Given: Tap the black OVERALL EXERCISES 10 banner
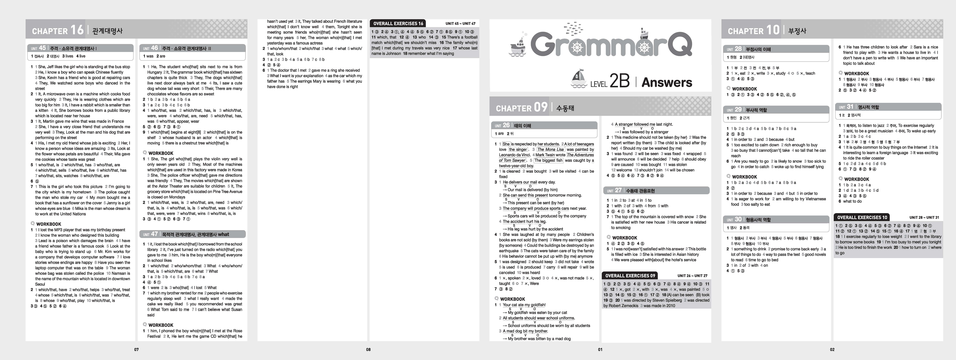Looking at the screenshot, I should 862,217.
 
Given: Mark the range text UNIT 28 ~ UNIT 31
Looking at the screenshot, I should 924,217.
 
